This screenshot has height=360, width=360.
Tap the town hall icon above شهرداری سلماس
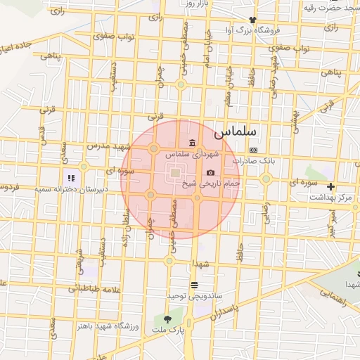tap(193, 143)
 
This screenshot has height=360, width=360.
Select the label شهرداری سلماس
tap(193, 154)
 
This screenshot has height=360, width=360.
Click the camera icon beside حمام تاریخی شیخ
tap(210, 173)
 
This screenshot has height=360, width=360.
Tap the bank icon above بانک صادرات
tap(253, 150)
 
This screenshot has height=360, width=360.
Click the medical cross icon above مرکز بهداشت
tap(330, 187)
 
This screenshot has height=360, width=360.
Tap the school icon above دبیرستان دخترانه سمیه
tap(71, 179)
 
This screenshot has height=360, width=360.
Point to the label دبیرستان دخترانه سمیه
tap(74, 189)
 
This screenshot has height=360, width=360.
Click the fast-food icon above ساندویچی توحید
tap(194, 285)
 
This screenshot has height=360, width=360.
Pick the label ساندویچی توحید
tap(186, 296)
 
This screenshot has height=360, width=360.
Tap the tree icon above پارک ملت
tap(167, 318)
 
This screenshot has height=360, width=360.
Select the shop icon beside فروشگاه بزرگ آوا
tap(252, 20)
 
